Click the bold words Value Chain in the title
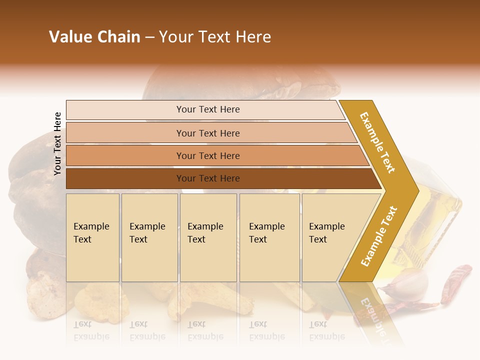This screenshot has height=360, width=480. tap(94, 37)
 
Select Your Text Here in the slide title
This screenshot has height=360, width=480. tap(215, 37)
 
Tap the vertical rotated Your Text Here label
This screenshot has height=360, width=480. tap(57, 143)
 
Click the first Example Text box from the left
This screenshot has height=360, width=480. tap(92, 237)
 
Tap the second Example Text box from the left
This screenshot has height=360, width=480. tap(149, 237)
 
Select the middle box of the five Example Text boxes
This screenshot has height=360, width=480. tap(208, 237)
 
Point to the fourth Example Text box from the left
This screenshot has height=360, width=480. tap(269, 237)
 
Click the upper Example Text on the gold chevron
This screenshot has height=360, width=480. tap(377, 142)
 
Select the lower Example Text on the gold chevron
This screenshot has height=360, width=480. tap(378, 236)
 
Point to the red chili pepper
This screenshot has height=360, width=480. tap(457, 282)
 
